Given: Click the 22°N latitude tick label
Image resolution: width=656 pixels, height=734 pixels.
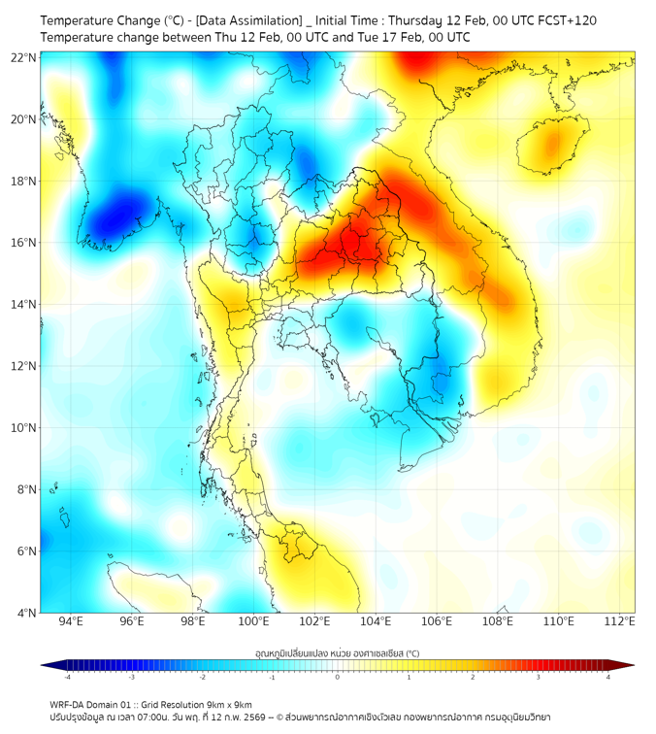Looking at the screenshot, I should [24, 57].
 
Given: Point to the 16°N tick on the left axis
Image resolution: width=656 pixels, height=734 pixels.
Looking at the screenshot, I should [24, 243].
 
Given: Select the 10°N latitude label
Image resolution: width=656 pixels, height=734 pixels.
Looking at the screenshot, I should [24, 428].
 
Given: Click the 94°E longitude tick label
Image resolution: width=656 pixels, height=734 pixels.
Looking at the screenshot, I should [71, 621].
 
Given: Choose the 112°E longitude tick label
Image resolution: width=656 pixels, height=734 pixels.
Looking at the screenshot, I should [620, 621].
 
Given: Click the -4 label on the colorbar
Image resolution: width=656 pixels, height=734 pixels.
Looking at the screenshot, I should [67, 677].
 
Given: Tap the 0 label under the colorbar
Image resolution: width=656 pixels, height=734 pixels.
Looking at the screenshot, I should [338, 677].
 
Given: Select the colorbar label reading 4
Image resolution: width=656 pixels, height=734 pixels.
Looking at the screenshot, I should [608, 677].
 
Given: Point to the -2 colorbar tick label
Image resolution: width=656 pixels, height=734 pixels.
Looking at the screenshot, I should [202, 677].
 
